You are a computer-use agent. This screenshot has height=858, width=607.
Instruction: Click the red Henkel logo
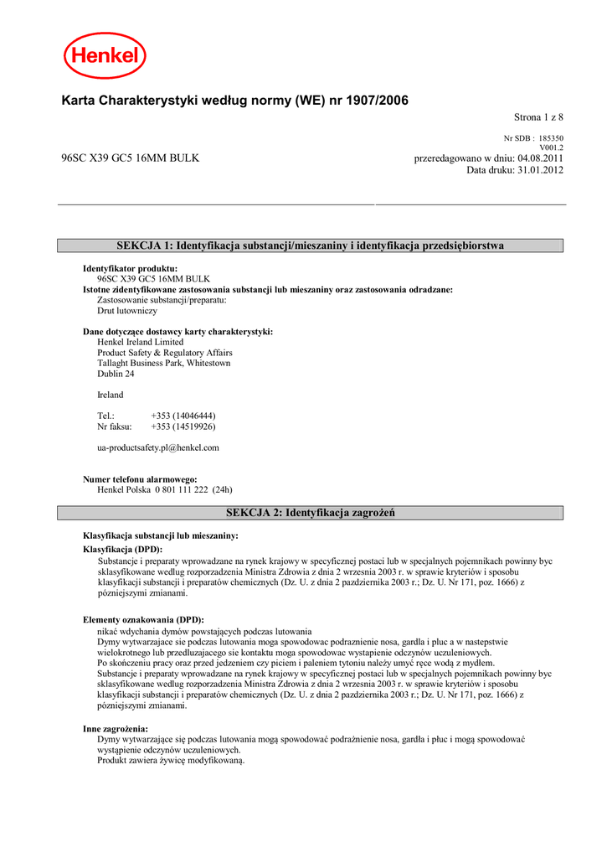(105, 55)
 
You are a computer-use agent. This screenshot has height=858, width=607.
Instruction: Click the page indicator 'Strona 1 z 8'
(538, 117)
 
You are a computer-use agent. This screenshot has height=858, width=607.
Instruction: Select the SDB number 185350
(551, 138)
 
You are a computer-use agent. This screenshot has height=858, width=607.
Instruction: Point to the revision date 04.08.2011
(541, 158)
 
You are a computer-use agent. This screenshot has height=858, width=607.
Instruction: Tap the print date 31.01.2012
(541, 170)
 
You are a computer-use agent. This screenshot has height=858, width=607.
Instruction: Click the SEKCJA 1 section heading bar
(310, 246)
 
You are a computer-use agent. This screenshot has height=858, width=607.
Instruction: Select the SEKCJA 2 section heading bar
(310, 512)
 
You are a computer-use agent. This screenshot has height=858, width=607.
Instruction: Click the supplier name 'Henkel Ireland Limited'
(140, 342)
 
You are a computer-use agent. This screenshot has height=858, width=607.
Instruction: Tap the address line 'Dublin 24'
(116, 374)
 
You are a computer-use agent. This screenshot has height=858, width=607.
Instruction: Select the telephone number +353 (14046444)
(183, 416)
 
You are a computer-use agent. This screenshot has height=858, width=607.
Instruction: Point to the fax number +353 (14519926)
(183, 426)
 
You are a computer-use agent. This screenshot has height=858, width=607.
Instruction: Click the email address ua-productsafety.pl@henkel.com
(158, 447)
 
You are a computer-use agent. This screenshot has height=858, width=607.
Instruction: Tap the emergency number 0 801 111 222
(182, 489)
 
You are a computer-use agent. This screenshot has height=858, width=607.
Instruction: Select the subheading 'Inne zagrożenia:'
(116, 729)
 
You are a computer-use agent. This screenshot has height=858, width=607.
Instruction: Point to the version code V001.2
(551, 147)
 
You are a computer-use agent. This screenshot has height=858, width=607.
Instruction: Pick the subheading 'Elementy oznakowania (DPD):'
(143, 620)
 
